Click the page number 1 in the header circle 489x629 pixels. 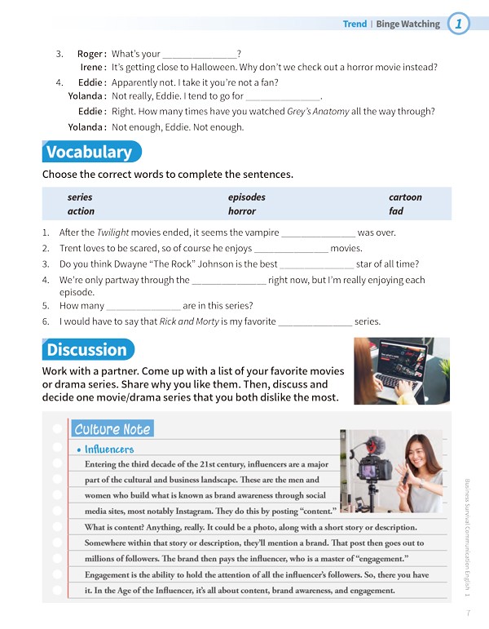460,24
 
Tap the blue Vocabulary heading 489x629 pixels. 90,153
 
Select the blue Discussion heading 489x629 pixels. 87,350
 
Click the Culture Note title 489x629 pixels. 112,429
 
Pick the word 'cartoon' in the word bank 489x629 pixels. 405,197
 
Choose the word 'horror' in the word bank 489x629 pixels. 242,211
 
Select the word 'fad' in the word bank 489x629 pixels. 396,211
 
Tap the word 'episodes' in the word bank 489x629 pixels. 246,197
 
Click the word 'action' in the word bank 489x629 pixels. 81,211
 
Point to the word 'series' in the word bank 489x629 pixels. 80,197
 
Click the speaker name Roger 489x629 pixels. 90,54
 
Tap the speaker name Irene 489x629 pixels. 91,67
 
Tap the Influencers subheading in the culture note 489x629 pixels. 109,450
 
